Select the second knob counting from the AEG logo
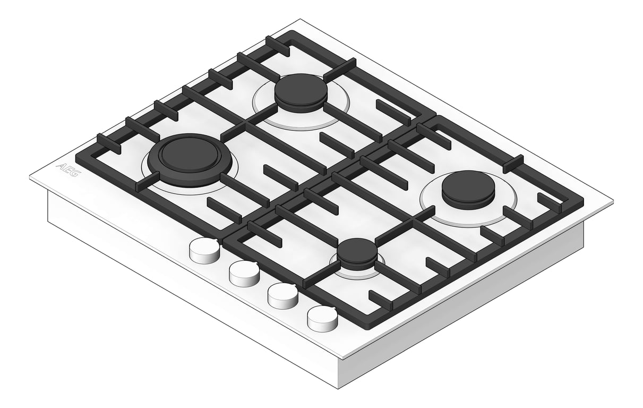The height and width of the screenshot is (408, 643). tap(244, 273)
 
